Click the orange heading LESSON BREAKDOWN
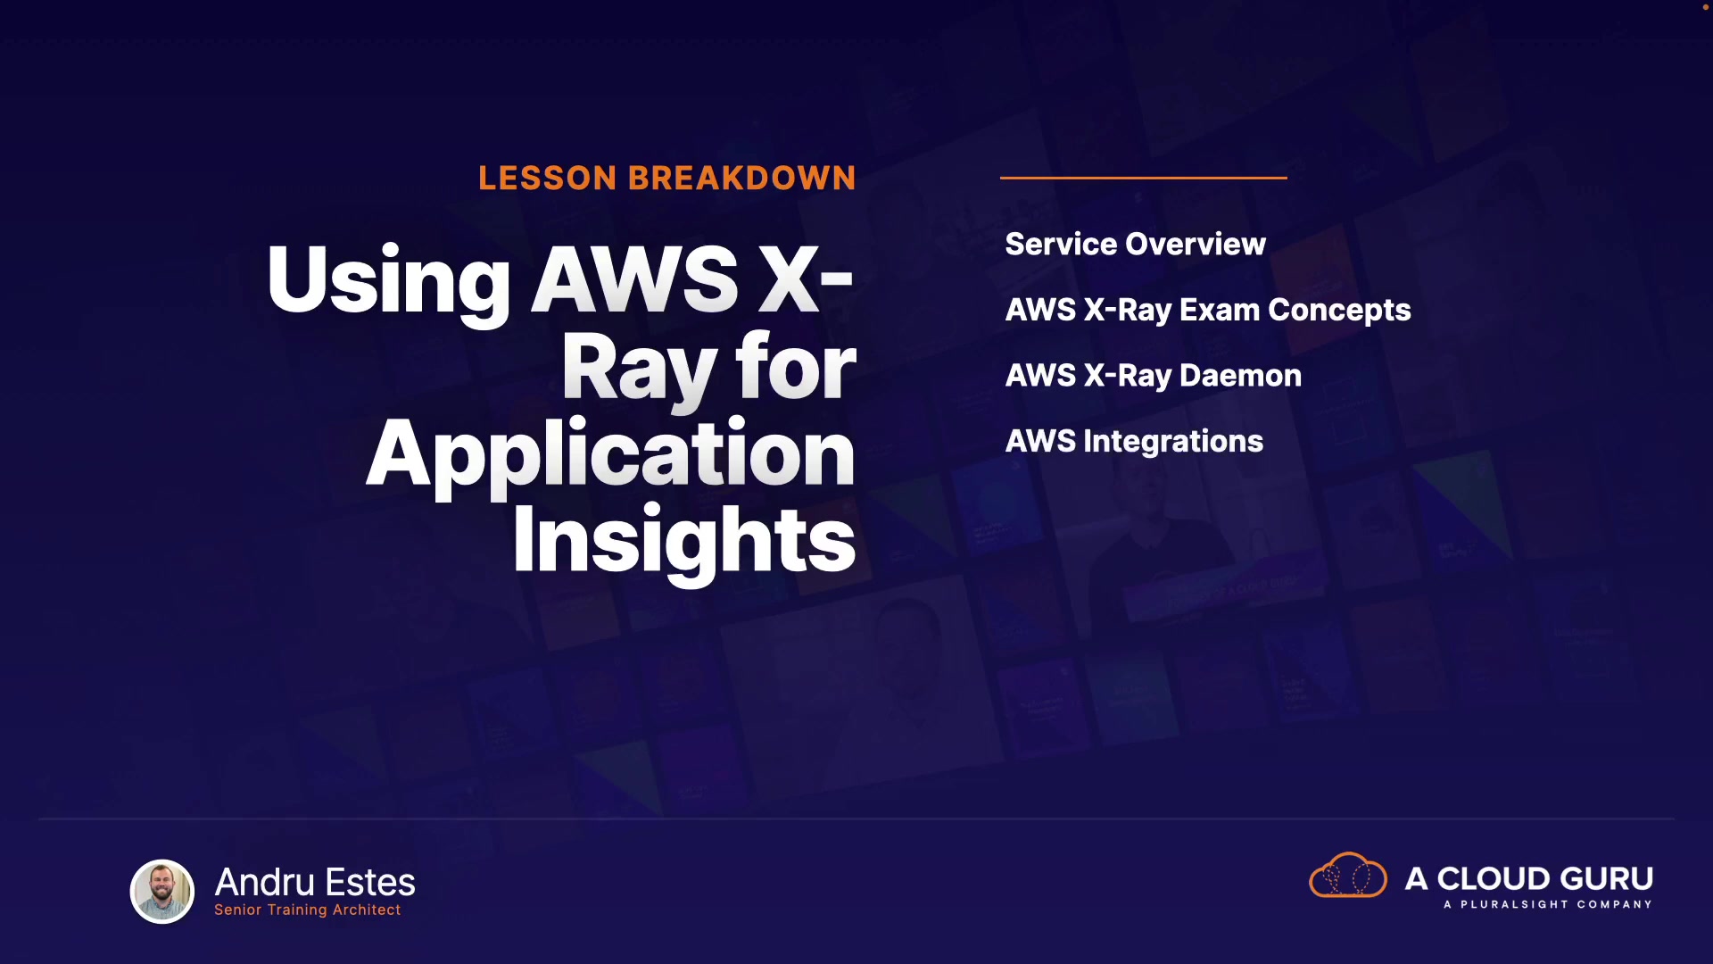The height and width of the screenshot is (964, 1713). pos(667,178)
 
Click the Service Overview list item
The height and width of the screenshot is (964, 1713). pos(1136,244)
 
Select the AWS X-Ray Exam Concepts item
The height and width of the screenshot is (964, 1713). pos(1208,310)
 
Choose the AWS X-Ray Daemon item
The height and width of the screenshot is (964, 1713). pos(1154,376)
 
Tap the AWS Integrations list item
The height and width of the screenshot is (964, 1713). pos(1135,441)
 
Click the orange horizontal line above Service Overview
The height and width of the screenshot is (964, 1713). pos(1144,178)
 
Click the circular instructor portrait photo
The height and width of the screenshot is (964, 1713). pos(162,891)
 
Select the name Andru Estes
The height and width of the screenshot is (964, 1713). pos(315,882)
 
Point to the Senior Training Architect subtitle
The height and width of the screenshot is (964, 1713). pos(308,910)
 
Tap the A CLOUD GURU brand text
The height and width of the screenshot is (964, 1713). pos(1529,878)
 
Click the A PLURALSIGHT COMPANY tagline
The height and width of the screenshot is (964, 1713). pos(1548,904)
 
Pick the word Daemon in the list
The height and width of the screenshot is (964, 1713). pos(1241,376)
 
